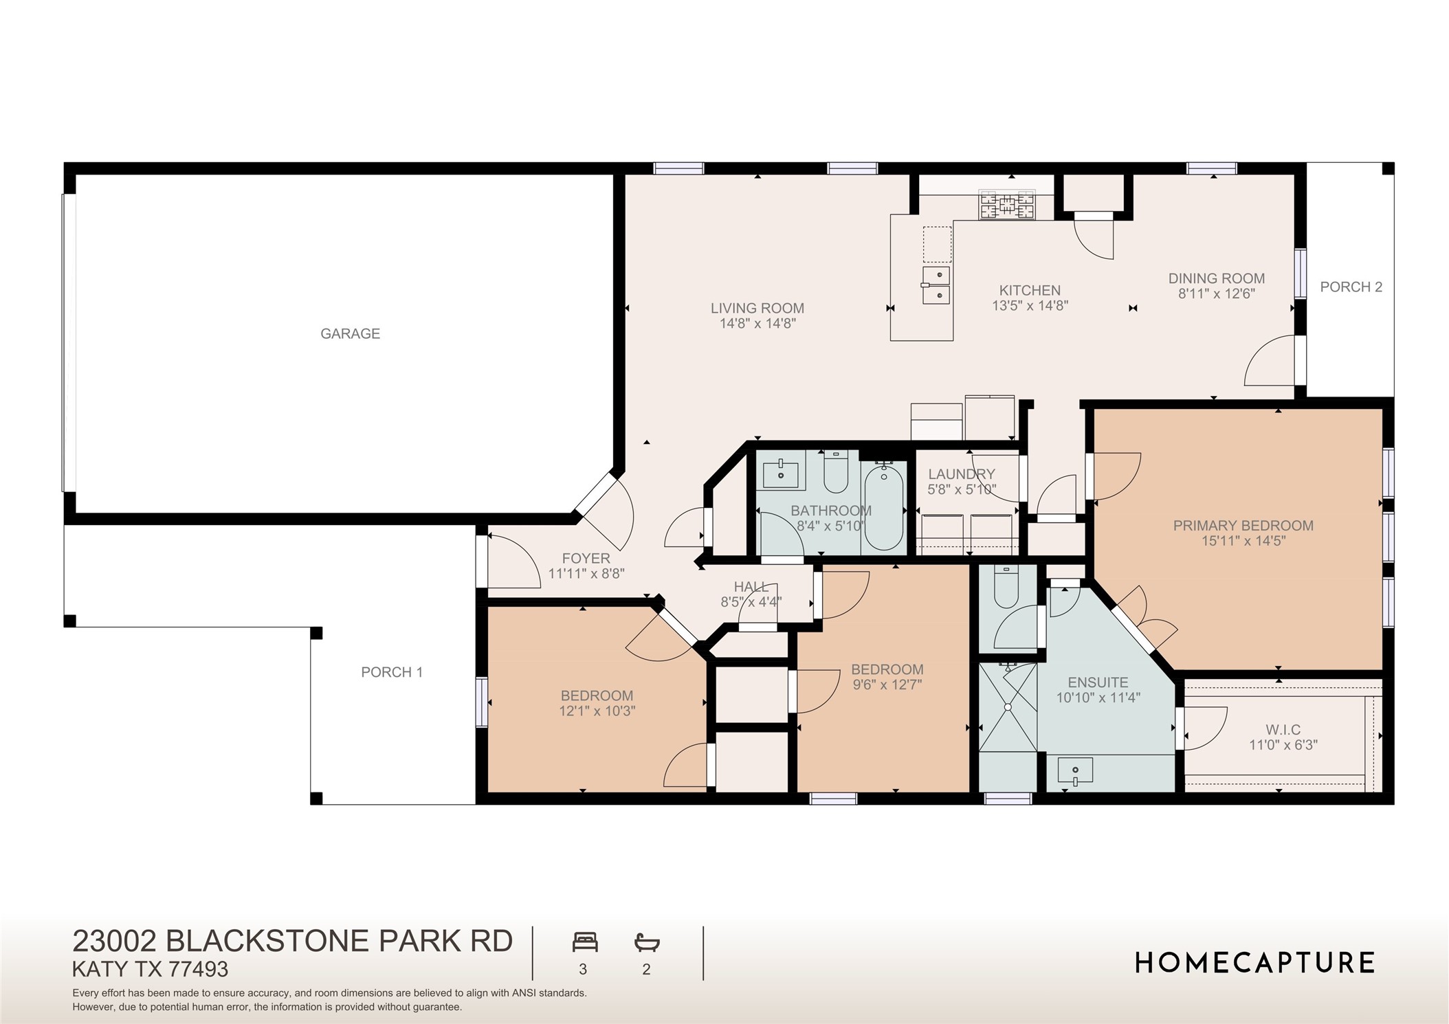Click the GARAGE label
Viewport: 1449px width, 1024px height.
tap(350, 334)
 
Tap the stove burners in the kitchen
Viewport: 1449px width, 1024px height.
tap(1007, 205)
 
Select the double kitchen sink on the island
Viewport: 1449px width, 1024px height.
tap(936, 285)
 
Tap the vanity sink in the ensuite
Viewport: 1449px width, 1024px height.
tap(1075, 771)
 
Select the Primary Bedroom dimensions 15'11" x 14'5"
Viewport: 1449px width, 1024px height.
tap(1243, 542)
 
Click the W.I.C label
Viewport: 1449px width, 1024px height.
tap(1283, 729)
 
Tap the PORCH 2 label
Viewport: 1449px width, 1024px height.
tap(1351, 287)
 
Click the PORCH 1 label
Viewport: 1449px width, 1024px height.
tap(392, 673)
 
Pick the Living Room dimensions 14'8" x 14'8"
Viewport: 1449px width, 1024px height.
tap(757, 324)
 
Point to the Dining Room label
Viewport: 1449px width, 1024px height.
tap(1216, 278)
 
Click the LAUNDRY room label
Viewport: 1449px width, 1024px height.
tap(961, 474)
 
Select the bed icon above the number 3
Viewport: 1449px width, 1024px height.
tap(585, 942)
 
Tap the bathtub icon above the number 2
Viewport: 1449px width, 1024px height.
tap(647, 942)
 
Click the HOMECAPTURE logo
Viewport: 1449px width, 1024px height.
tap(1254, 963)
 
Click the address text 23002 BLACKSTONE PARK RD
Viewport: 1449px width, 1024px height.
tap(293, 941)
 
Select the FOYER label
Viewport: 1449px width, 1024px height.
tap(586, 559)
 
